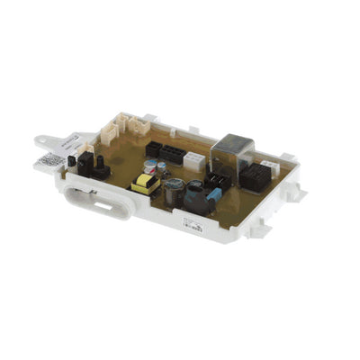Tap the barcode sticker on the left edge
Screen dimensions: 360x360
click(52, 162)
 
